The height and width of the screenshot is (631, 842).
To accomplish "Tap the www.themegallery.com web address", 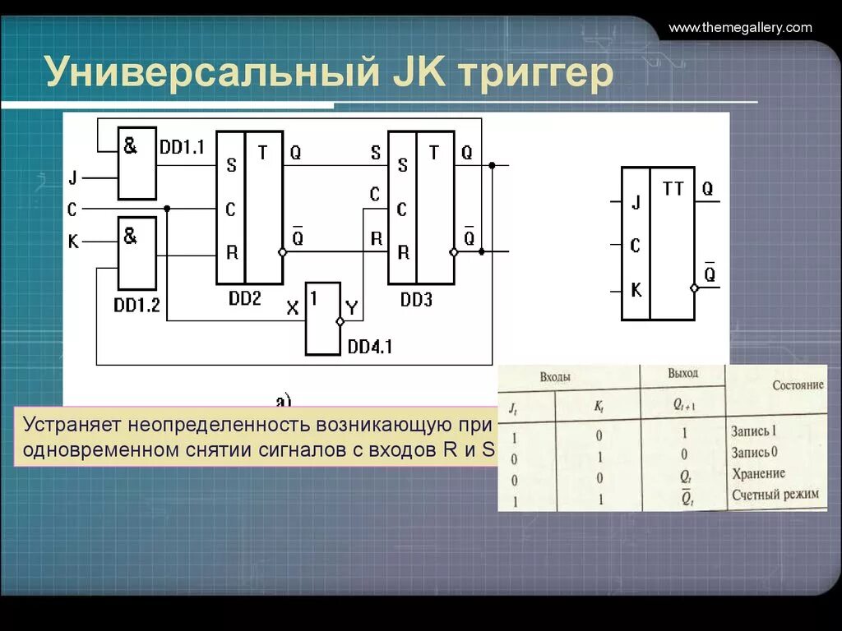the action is coord(740,28).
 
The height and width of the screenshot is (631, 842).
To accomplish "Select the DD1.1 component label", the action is coord(182,147).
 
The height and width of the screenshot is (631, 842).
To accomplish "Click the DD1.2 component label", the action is coord(136,305).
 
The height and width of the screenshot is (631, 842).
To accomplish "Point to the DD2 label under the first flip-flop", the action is coord(244,298).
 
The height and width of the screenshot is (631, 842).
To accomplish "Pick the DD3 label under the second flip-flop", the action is coord(416,299).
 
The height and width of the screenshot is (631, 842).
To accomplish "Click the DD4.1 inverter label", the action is coord(369,347).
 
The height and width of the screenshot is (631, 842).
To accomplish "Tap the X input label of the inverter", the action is coord(293,309).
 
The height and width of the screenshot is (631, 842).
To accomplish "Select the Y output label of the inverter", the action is coord(352,309).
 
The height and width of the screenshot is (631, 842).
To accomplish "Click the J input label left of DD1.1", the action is coord(72,177).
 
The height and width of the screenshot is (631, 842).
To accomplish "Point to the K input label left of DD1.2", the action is coord(72,242).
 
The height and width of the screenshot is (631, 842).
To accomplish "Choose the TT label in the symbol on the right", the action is coord(673,189).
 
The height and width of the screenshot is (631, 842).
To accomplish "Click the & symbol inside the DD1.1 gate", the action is coord(131,145).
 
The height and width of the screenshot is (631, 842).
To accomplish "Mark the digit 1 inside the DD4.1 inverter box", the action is coord(314,297).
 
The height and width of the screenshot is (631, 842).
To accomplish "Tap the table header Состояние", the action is coord(797,385).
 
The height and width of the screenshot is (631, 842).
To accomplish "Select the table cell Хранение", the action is coord(757,474).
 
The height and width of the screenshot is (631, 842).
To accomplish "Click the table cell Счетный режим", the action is coord(775,495).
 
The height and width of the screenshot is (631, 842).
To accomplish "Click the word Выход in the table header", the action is coord(682,373).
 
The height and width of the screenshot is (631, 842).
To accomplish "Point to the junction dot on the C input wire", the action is coord(167,209).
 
